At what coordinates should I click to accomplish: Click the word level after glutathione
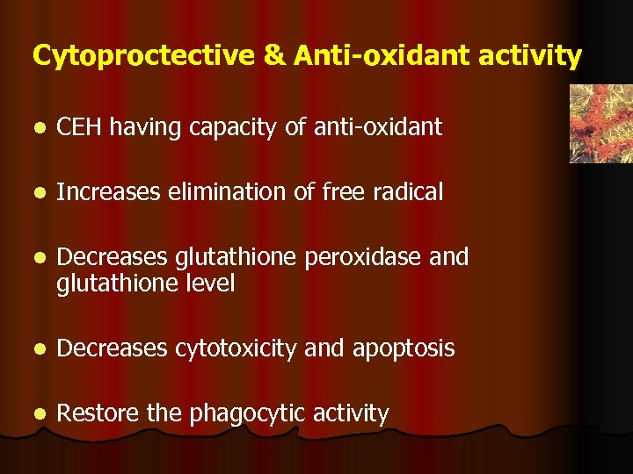tap(207, 284)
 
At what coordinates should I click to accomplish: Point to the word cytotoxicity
tap(236, 348)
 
